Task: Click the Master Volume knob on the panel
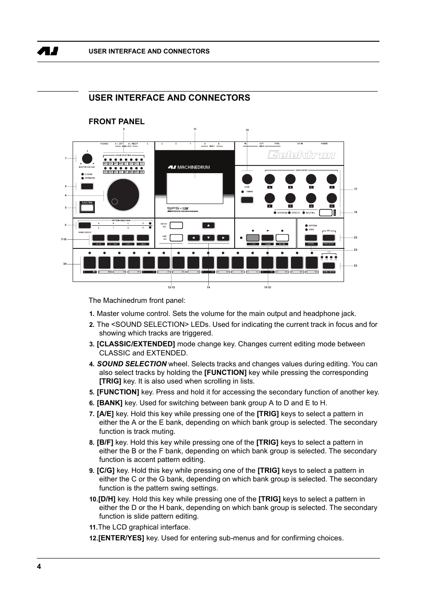pos(87,159)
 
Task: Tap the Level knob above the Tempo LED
pos(247,179)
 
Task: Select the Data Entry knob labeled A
pos(270,179)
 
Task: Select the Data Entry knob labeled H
pos(332,198)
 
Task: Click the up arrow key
pos(208,225)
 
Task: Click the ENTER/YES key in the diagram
pos(176,225)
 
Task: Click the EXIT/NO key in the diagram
pos(176,238)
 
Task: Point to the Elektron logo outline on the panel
pos(301,155)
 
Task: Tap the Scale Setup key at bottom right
pos(328,266)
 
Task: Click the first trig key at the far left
pos(89,262)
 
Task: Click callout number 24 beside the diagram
pos(65,263)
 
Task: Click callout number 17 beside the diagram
pos(355,189)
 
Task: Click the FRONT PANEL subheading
pos(117,121)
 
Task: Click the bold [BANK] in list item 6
pos(109,403)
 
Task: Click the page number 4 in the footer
pos(39,566)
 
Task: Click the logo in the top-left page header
pos(48,51)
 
